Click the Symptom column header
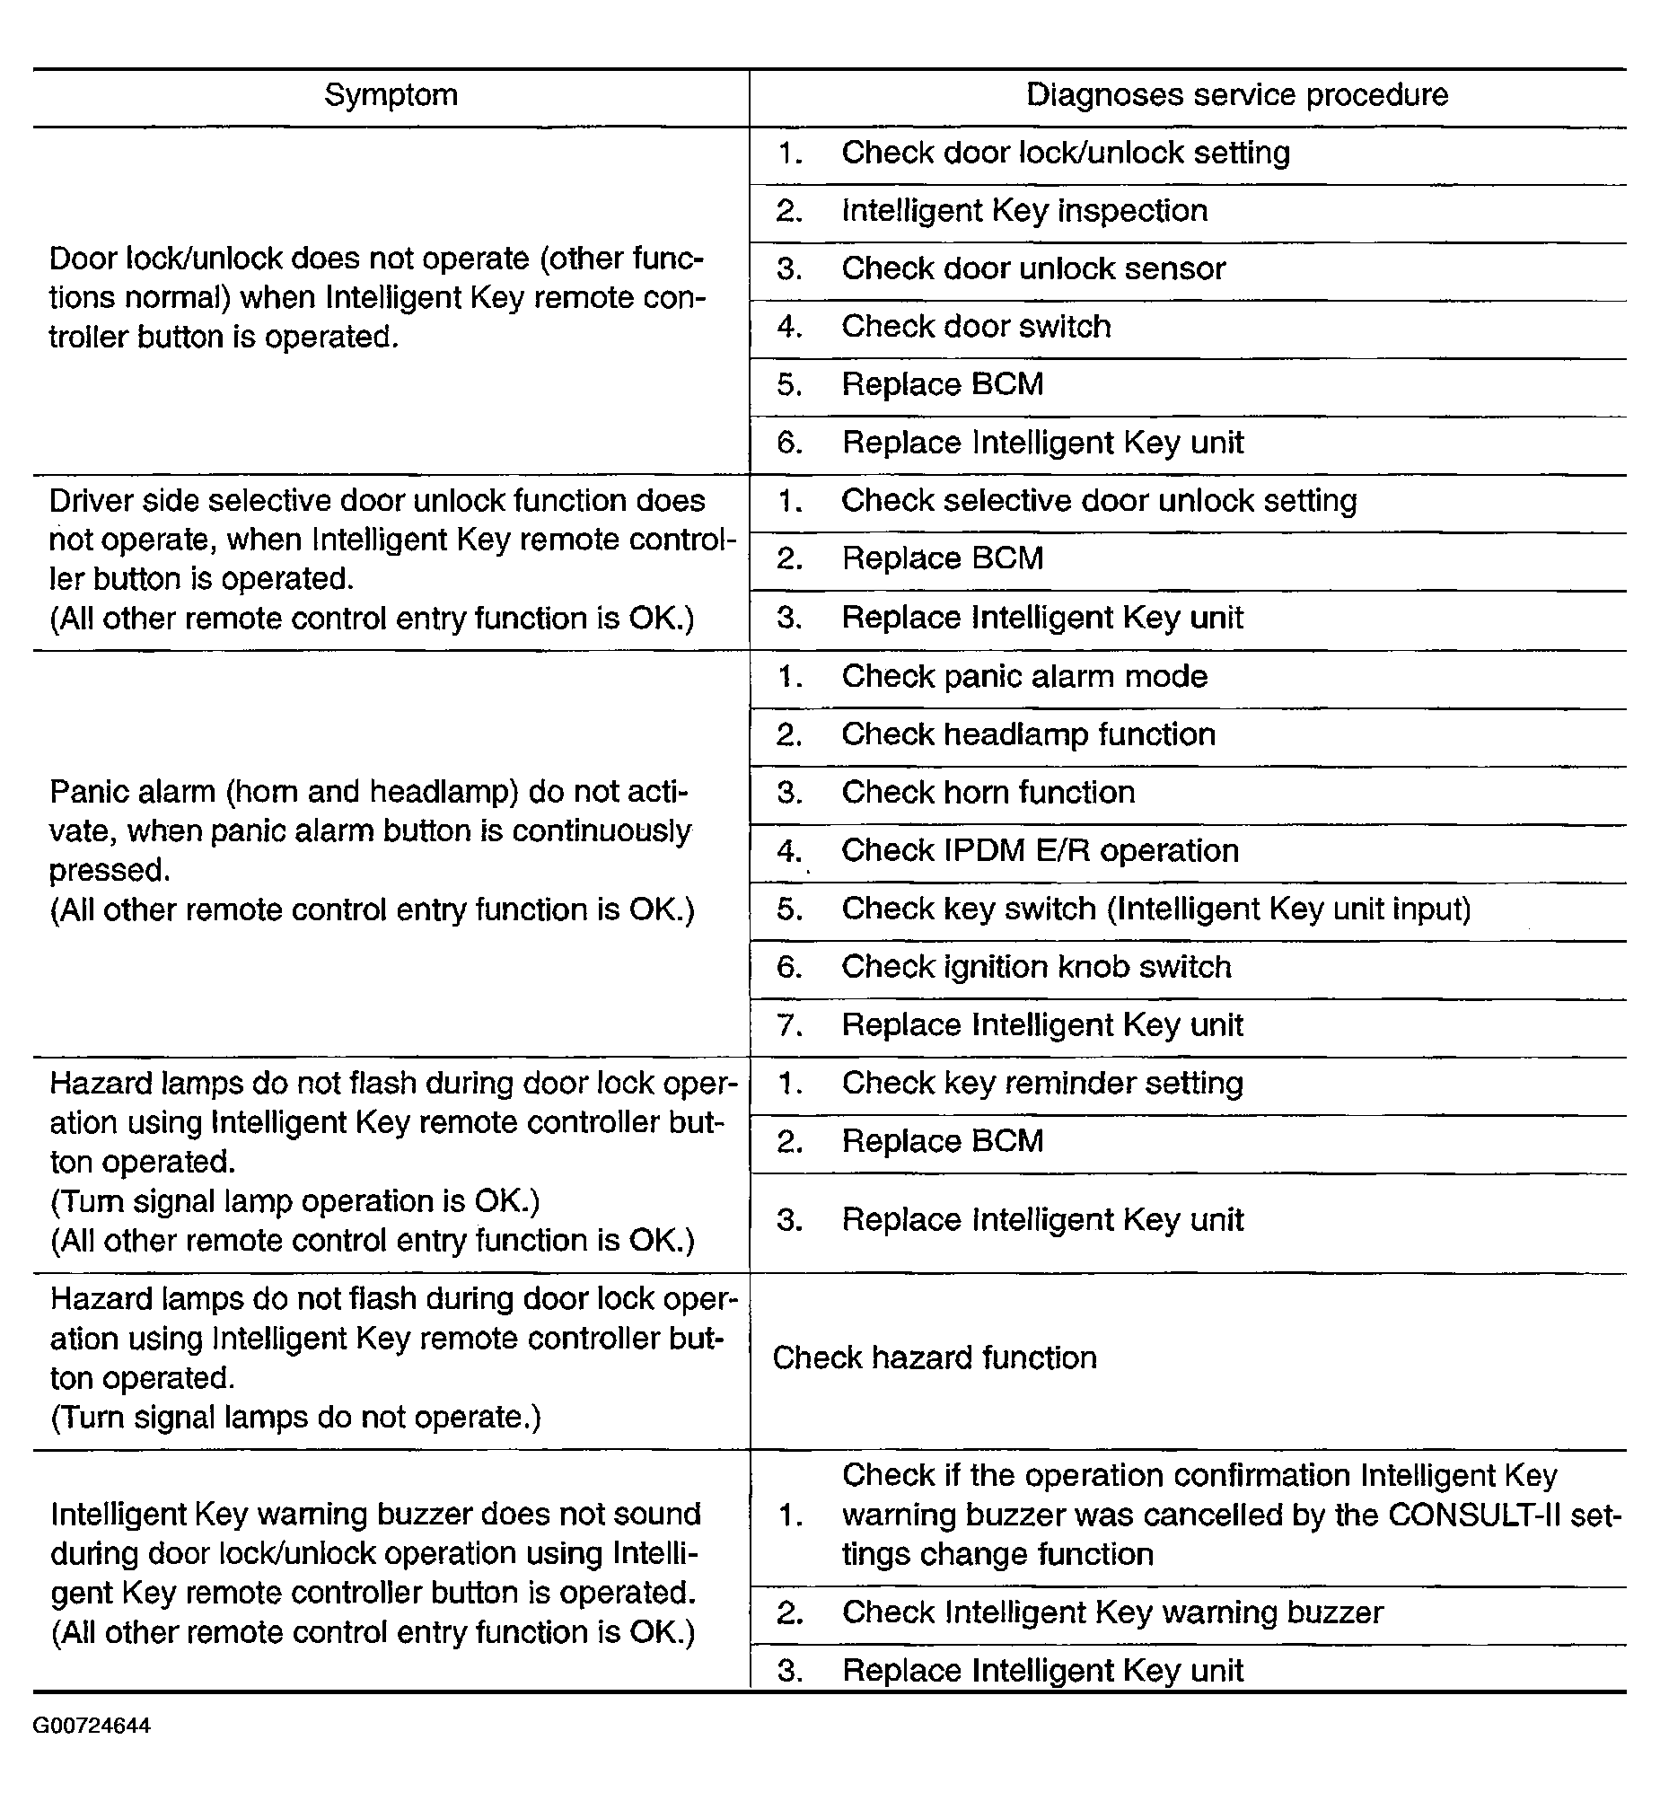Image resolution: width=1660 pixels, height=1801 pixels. (x=391, y=95)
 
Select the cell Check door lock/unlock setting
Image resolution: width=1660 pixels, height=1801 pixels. (x=1066, y=154)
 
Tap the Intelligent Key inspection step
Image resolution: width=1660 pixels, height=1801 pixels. (x=1024, y=211)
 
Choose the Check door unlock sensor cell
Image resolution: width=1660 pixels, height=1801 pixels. (x=1033, y=269)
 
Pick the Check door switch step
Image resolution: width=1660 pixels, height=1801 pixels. (x=976, y=327)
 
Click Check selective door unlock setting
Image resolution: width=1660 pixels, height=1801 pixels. (x=1099, y=501)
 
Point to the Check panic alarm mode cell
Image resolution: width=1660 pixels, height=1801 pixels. (x=1024, y=676)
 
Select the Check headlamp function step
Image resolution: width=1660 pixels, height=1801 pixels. (x=1028, y=734)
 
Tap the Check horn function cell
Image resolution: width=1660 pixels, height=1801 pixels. (x=988, y=793)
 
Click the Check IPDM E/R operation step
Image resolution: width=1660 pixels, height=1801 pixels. (x=1040, y=850)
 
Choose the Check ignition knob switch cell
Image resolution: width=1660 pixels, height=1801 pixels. (x=1036, y=968)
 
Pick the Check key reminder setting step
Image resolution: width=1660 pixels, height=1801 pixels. (x=1042, y=1085)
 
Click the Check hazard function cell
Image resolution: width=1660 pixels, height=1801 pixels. (x=935, y=1357)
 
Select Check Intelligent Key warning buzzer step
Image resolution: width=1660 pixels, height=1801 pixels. (x=1112, y=1612)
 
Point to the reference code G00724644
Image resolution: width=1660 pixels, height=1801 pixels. (x=92, y=1726)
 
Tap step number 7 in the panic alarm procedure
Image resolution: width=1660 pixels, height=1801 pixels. (x=788, y=1026)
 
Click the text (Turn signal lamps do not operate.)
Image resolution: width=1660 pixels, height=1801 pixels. (x=295, y=1418)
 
